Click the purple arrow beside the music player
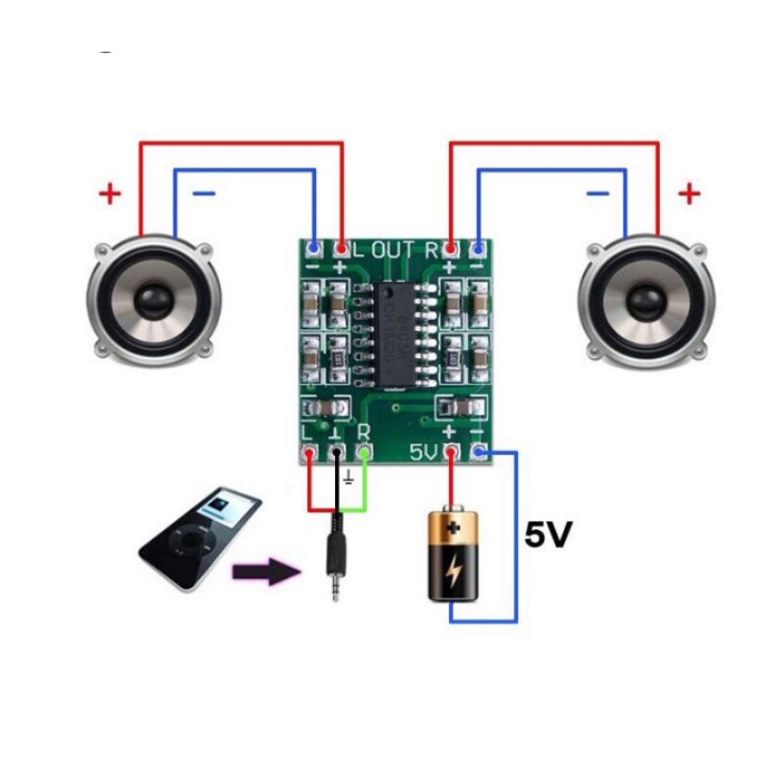(x=265, y=573)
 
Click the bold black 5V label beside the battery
(x=549, y=535)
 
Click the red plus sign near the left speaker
(x=111, y=194)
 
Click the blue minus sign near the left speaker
(x=204, y=193)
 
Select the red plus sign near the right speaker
(x=688, y=194)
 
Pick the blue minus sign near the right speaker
(x=597, y=193)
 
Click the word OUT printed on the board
(x=393, y=250)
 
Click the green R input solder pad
(x=364, y=450)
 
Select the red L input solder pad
(x=308, y=450)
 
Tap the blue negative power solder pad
(x=479, y=451)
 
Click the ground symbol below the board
(x=349, y=477)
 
